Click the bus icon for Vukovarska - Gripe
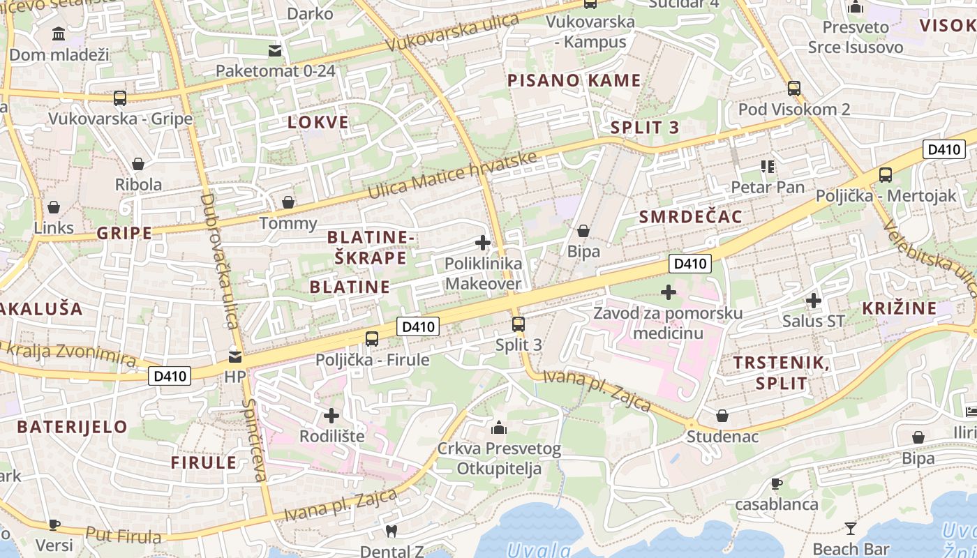(120, 98)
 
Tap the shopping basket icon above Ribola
(138, 164)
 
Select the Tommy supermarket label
(288, 223)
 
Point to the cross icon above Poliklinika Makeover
(482, 243)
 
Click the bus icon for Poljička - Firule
(372, 339)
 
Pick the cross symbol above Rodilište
(331, 416)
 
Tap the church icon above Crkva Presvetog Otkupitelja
(499, 428)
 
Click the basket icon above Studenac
(722, 416)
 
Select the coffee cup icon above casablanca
(776, 483)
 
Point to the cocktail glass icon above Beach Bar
(851, 528)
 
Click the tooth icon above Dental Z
(391, 531)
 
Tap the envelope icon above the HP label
(235, 356)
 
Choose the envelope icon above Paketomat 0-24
(275, 50)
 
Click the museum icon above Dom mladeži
(59, 33)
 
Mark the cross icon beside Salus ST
(813, 301)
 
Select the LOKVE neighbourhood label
(318, 123)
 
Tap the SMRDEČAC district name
(691, 217)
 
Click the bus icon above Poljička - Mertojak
(886, 175)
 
